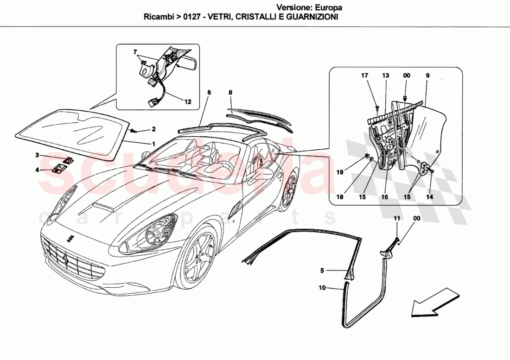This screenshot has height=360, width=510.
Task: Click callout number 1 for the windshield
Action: [153, 144]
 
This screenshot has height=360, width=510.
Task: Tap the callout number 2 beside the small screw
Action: [153, 129]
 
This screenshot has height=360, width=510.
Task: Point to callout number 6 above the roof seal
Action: [209, 93]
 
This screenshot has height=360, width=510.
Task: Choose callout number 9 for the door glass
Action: [427, 75]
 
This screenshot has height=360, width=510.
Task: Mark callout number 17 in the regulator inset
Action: [364, 75]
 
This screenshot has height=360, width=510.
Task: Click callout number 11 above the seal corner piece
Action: [396, 218]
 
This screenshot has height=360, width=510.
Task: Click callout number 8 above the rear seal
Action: [230, 93]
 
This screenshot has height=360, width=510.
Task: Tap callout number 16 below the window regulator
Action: [384, 196]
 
